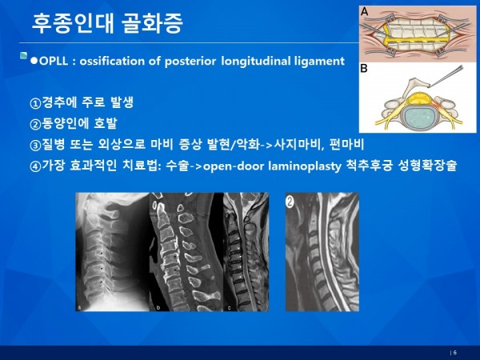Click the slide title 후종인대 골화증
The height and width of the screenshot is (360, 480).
(107, 23)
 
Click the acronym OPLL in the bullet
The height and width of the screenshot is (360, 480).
(54, 61)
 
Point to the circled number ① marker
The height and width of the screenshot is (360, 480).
(35, 103)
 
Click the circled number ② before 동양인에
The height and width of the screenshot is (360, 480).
(35, 124)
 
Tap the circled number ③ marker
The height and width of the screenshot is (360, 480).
(35, 146)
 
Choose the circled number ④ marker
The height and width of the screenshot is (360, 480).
(35, 166)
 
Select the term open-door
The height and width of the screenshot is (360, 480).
(234, 166)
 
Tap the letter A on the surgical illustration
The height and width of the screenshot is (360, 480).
(364, 12)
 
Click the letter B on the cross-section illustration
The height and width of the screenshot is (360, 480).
(364, 68)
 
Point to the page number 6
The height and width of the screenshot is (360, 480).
(455, 353)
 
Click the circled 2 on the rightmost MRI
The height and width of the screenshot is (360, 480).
(290, 202)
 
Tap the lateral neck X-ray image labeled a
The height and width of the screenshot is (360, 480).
(112, 252)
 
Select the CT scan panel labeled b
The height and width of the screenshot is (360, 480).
(186, 252)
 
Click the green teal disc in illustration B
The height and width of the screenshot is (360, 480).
(418, 118)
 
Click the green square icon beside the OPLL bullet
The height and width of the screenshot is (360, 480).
(23, 56)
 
